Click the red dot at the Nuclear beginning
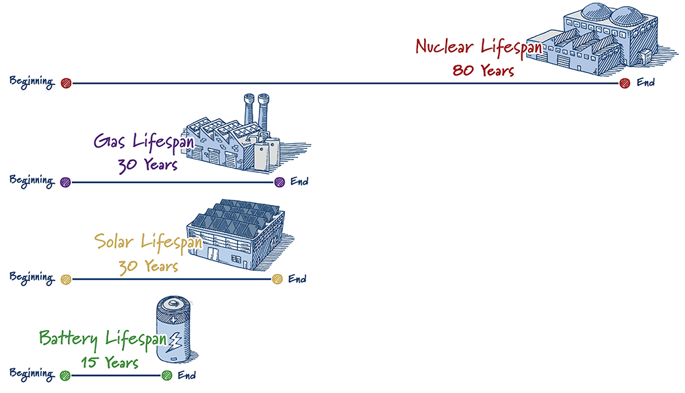(x=66, y=84)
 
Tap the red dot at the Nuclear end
(x=624, y=84)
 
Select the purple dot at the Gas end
(x=279, y=182)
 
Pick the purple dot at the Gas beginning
(x=66, y=182)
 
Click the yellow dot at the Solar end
(x=277, y=279)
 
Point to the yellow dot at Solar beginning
(x=66, y=279)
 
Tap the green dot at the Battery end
(x=166, y=375)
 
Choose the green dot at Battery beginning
(x=65, y=375)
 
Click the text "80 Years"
(x=483, y=70)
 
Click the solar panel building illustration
(x=236, y=237)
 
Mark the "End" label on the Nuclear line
(x=646, y=83)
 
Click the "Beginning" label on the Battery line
(x=32, y=374)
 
